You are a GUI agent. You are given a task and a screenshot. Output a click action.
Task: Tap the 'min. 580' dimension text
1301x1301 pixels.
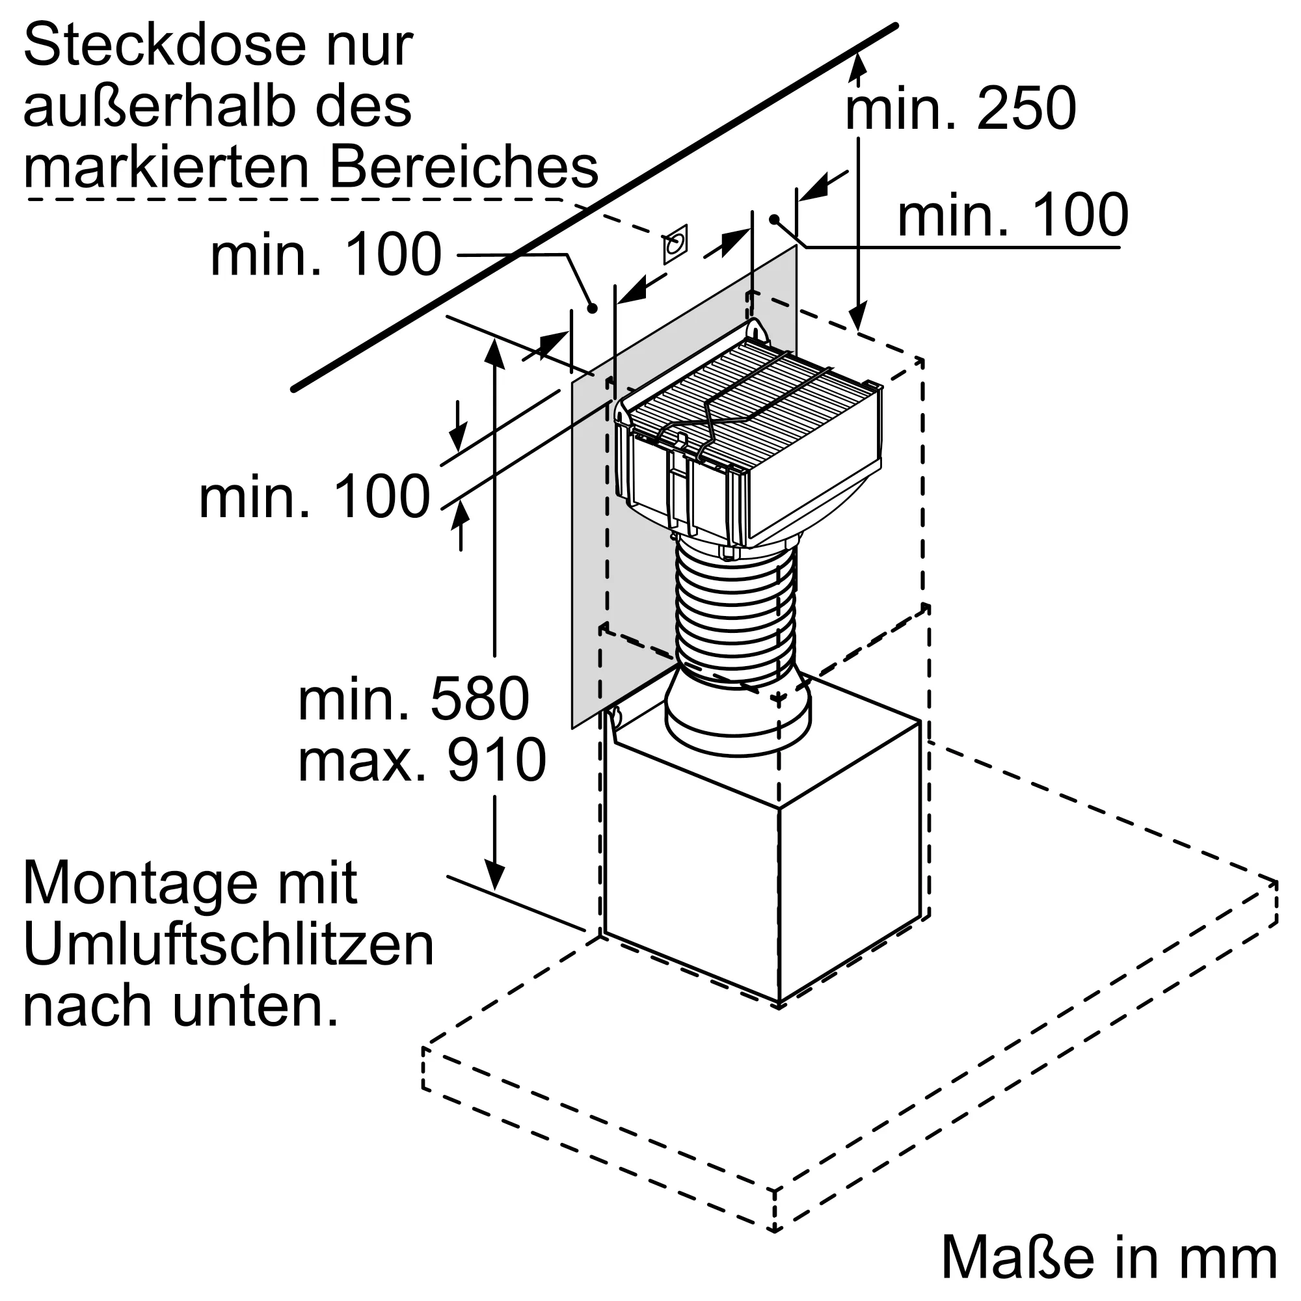(x=414, y=700)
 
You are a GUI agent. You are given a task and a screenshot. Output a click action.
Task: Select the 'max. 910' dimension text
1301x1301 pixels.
(x=422, y=760)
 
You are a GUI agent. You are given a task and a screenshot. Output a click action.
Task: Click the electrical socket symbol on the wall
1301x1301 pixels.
(x=675, y=244)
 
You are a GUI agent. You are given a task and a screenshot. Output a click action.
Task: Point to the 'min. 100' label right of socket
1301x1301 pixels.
(x=1013, y=215)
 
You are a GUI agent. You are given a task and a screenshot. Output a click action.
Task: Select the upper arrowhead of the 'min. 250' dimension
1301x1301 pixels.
(x=857, y=64)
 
